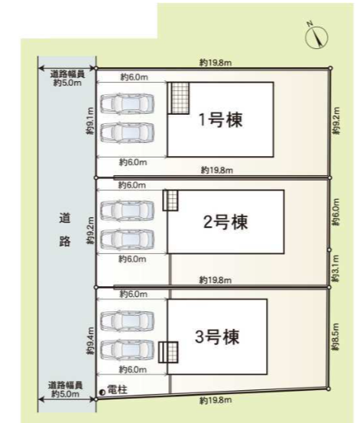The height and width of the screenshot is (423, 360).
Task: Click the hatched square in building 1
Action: click(180, 98)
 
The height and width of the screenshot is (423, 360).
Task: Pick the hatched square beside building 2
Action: click(171, 200)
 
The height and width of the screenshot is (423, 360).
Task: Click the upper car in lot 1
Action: click(128, 103)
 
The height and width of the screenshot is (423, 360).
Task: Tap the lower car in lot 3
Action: click(128, 349)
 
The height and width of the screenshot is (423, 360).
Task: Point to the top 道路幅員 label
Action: click(67, 74)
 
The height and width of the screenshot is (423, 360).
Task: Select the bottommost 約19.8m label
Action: click(213, 400)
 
